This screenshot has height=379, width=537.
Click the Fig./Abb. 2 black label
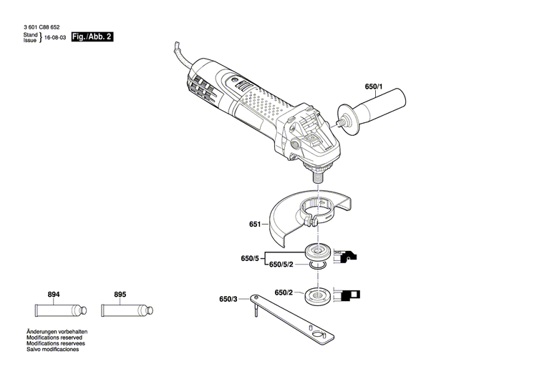tap(92, 36)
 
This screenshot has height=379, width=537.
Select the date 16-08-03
tap(55, 36)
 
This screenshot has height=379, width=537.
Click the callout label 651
tap(255, 224)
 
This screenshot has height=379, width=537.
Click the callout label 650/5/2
tap(281, 265)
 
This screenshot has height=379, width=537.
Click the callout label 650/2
tap(284, 292)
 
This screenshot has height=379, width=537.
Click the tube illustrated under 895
tap(125, 310)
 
